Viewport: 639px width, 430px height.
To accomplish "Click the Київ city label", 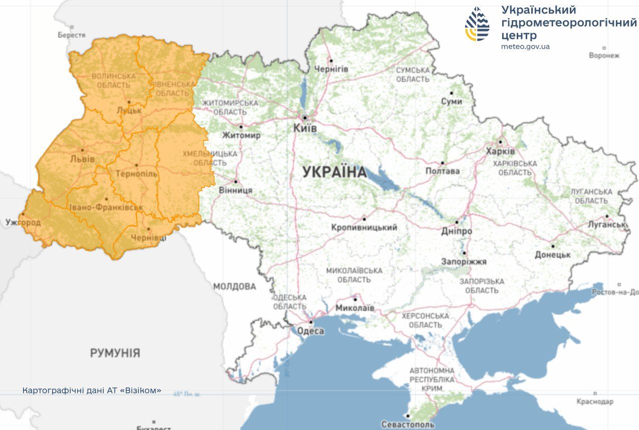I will point(305,129).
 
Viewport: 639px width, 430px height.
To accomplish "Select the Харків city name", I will point(500,151).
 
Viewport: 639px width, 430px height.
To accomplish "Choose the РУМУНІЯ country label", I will point(115,353).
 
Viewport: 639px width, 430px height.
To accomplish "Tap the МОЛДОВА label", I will point(235,287).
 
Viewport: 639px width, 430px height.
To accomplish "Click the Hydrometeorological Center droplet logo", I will point(477,24).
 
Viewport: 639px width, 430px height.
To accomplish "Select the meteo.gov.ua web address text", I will point(525,46).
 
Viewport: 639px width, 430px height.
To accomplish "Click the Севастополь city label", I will point(407,424).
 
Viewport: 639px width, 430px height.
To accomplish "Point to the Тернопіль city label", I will point(136,174).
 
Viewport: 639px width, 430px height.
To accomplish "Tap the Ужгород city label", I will point(23,222).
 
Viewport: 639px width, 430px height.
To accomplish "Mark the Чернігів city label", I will point(331,69).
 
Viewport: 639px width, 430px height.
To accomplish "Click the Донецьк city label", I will point(553,255).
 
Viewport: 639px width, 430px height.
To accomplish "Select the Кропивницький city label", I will point(364,228).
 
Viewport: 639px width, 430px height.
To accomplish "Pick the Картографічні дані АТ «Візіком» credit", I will point(92,390).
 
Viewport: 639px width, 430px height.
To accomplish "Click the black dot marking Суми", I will point(451,93).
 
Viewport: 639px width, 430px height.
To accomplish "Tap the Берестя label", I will point(71,36).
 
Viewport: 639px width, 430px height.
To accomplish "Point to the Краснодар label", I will point(594,402).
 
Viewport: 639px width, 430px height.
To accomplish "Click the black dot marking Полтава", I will point(442,163).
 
